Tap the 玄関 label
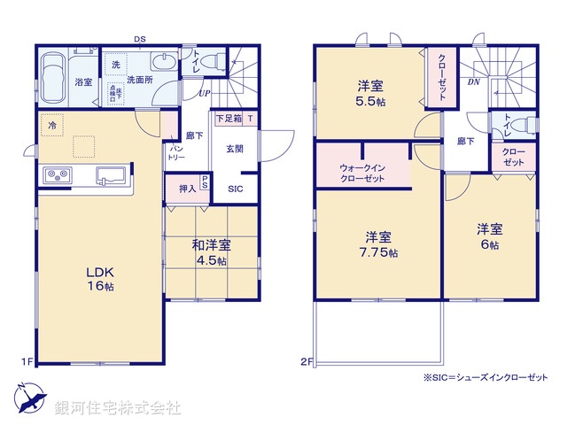tap(234, 149)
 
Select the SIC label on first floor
tap(237, 189)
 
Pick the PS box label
tap(205, 183)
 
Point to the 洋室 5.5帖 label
tap(369, 94)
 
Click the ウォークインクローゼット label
tap(361, 173)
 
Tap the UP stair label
tap(204, 93)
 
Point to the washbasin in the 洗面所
tap(164, 63)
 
